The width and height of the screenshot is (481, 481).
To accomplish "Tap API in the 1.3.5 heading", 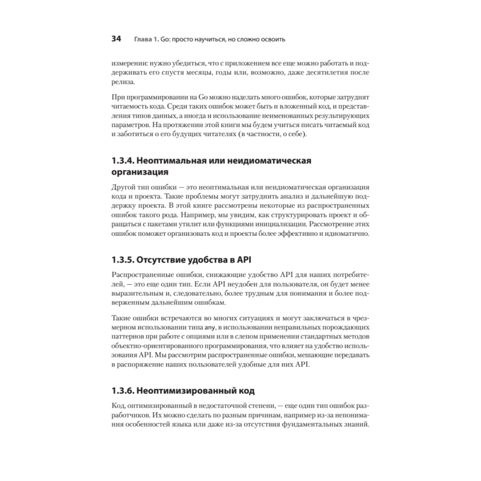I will point(242,260).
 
